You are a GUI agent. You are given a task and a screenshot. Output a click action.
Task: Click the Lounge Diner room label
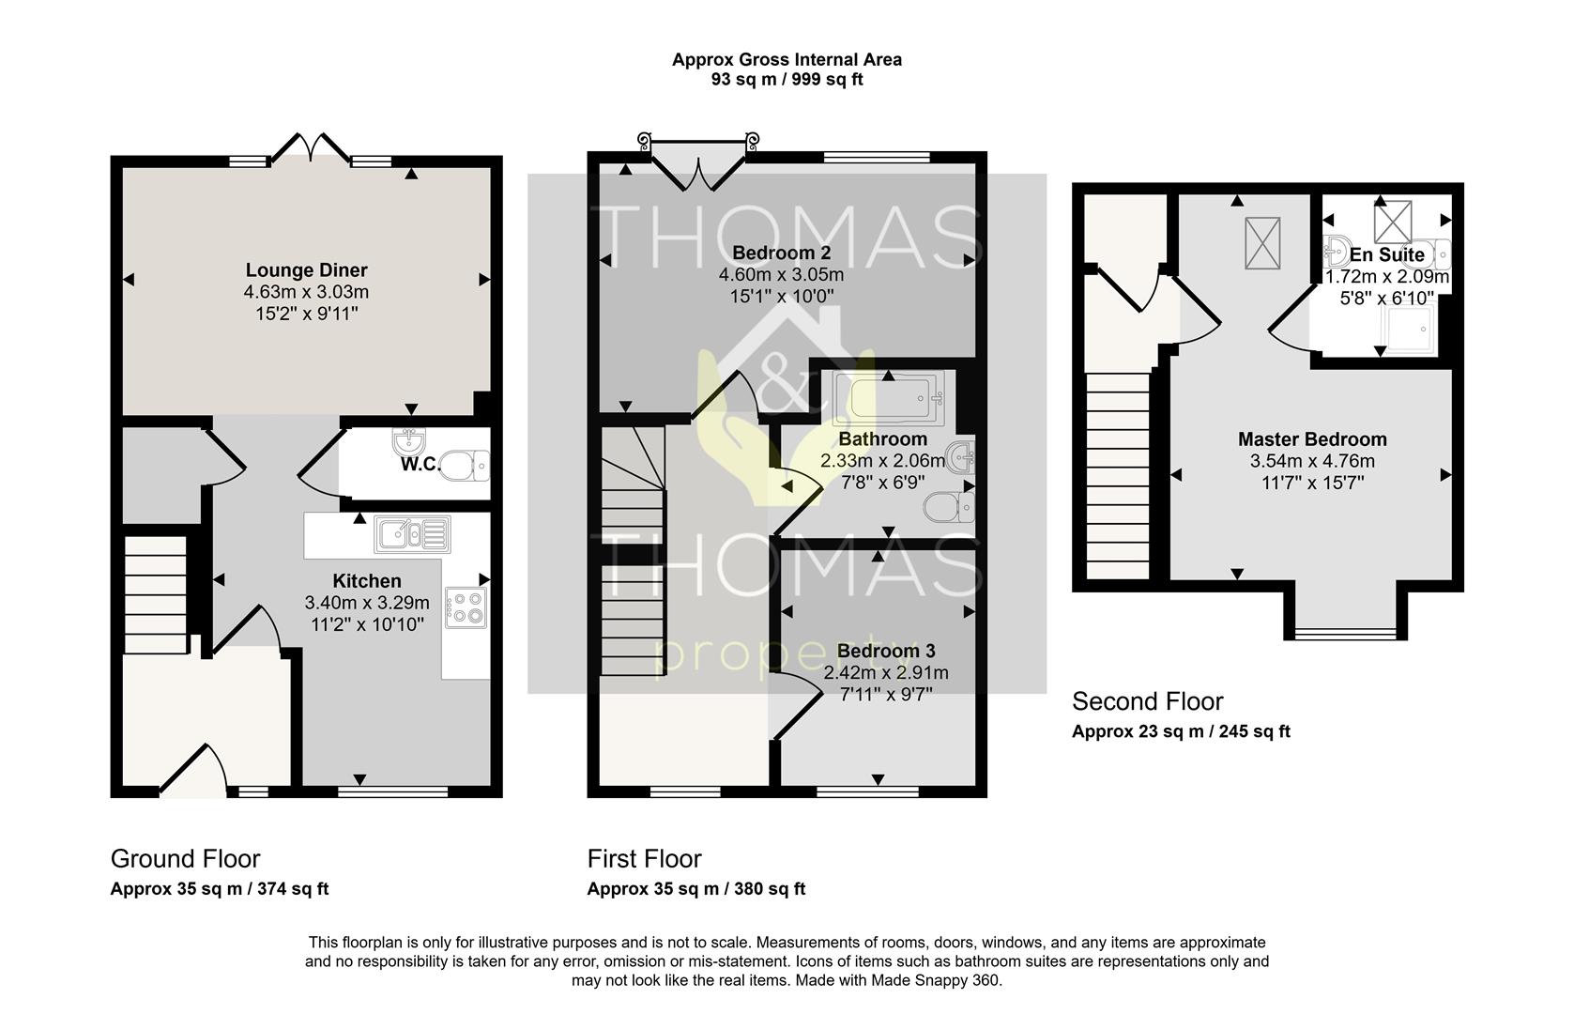[x=306, y=269]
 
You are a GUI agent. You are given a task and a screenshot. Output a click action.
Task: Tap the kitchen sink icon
[x=412, y=534]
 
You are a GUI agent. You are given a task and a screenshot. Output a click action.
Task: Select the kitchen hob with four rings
[x=466, y=607]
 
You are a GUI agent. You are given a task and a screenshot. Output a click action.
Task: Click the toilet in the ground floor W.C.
[x=464, y=465]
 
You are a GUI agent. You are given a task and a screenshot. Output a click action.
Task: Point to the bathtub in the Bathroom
[x=890, y=399]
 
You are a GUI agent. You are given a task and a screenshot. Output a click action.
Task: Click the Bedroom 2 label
[x=782, y=253]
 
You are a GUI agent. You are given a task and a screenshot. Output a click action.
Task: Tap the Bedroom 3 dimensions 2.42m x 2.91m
[x=886, y=672]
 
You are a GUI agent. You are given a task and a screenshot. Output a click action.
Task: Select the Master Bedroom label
[x=1312, y=439]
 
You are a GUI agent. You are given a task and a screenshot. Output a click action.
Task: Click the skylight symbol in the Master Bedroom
[x=1262, y=243]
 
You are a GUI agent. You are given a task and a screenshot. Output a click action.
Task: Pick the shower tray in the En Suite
[x=1408, y=328]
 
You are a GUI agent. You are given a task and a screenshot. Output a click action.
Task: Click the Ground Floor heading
[x=186, y=859]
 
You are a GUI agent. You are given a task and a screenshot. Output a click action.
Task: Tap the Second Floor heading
[x=1148, y=701]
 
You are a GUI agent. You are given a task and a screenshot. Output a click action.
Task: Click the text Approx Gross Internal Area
[x=787, y=60]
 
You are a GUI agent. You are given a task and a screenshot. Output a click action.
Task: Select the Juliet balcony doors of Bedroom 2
[x=698, y=166]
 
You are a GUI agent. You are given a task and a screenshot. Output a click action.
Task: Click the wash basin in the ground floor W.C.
[x=408, y=440]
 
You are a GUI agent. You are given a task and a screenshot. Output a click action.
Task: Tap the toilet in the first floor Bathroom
[x=949, y=507]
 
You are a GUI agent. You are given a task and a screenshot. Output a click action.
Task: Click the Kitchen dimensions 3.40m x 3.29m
[x=367, y=602]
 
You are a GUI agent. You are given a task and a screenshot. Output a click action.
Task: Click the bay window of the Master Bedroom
[x=1346, y=634]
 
